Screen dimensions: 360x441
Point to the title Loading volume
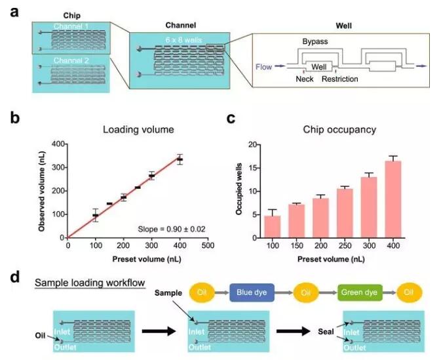click(138, 129)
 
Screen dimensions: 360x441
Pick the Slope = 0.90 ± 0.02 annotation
click(169, 228)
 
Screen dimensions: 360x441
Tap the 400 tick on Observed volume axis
click(60, 144)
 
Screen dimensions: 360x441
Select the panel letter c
click(231, 119)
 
